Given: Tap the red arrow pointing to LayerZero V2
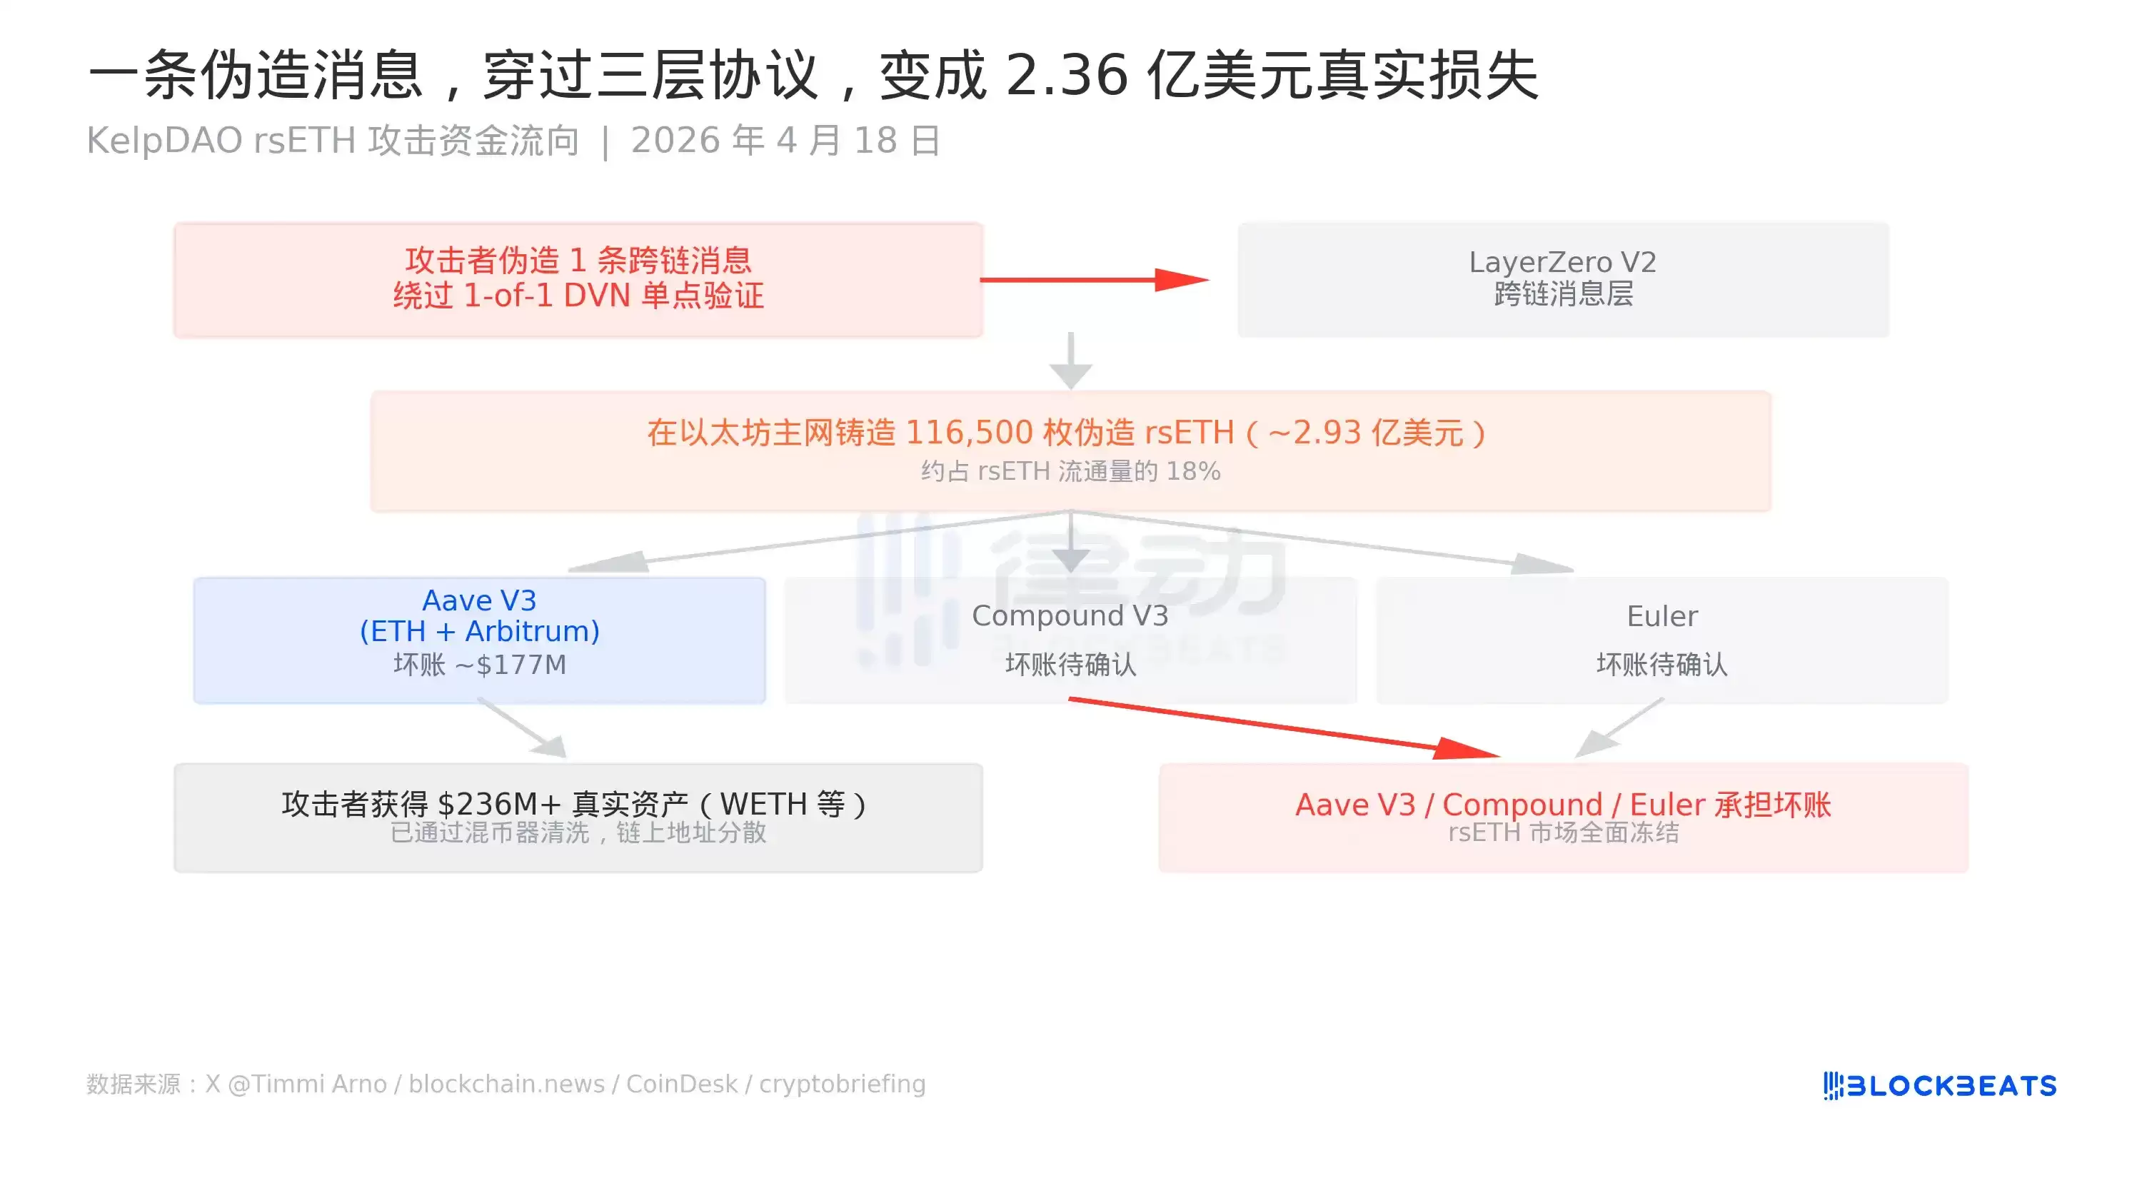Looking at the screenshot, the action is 1095,280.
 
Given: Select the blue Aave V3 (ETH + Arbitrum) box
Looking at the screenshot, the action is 480,640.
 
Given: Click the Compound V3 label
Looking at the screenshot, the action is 1070,616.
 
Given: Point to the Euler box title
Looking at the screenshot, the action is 1662,616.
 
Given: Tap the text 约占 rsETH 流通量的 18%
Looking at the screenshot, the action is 1071,471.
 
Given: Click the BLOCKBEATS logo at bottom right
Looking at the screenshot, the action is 1940,1086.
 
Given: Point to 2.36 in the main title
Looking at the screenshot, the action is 1067,75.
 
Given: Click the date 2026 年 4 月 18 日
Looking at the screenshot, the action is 786,141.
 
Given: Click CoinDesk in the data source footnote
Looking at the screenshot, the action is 682,1084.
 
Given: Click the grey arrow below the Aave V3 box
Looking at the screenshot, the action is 522,728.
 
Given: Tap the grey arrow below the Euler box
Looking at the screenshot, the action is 1619,728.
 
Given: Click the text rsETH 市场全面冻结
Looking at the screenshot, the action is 1563,832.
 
